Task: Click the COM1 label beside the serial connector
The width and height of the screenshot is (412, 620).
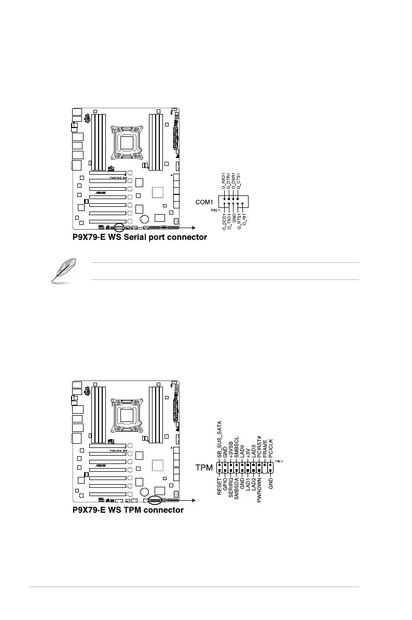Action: click(203, 202)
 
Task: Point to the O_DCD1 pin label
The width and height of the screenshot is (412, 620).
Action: click(224, 222)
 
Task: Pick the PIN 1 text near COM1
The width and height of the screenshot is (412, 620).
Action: click(216, 210)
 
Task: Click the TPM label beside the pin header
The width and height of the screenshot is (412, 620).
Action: click(204, 468)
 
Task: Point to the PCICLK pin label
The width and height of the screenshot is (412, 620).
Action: click(270, 448)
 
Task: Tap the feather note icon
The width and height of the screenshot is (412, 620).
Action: click(61, 272)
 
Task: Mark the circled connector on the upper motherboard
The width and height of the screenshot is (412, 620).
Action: click(119, 227)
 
